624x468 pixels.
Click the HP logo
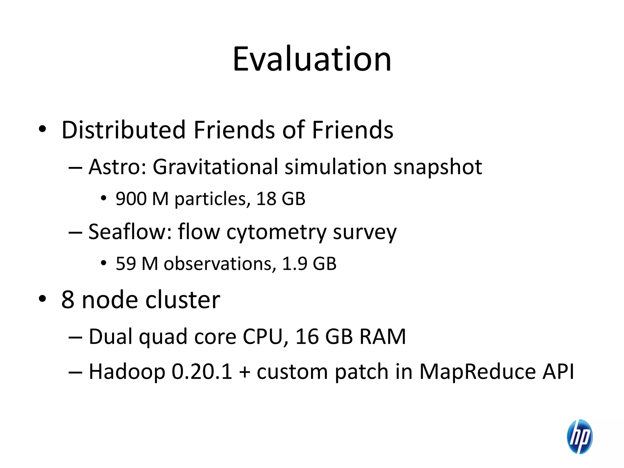(x=579, y=436)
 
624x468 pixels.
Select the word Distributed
(x=123, y=130)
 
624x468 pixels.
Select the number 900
(x=131, y=199)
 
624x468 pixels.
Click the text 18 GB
(x=281, y=199)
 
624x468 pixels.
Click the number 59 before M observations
(x=126, y=264)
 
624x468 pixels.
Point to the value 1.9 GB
(x=309, y=264)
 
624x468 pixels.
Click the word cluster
(x=183, y=300)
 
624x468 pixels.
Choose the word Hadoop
(x=127, y=372)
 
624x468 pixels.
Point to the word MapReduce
(x=477, y=372)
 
